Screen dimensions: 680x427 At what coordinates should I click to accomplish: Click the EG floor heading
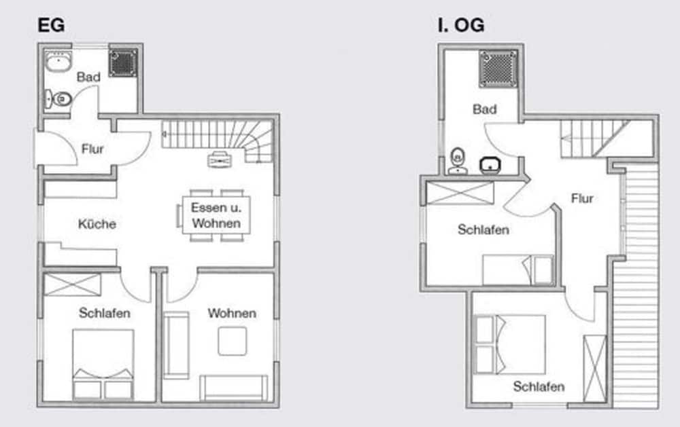point(51,25)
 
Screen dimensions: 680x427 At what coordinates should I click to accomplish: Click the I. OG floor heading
point(461,25)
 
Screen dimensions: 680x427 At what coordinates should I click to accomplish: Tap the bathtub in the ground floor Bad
point(58,62)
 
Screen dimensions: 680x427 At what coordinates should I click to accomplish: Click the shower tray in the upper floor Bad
point(498,69)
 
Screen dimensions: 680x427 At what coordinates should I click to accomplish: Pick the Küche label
point(97,224)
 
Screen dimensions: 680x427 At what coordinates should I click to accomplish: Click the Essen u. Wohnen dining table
point(216,215)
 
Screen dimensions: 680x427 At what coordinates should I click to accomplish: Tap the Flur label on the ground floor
point(92,149)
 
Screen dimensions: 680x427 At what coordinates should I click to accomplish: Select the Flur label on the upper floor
point(582,198)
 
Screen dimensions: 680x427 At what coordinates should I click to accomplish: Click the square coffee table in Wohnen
point(233,341)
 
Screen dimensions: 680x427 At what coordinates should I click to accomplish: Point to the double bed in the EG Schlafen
point(103,364)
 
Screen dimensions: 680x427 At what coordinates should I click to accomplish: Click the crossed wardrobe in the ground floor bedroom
point(73,284)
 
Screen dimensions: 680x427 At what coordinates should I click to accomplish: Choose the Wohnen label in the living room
point(232,313)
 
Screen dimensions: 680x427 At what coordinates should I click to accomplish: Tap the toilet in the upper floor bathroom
point(458,161)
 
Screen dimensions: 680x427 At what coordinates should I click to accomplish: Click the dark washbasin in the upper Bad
point(490,165)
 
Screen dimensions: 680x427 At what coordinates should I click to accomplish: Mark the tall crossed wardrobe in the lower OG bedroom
point(594,369)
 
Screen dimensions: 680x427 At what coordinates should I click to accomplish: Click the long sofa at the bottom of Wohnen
point(234,388)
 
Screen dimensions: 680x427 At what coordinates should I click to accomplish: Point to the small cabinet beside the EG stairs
point(220,160)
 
